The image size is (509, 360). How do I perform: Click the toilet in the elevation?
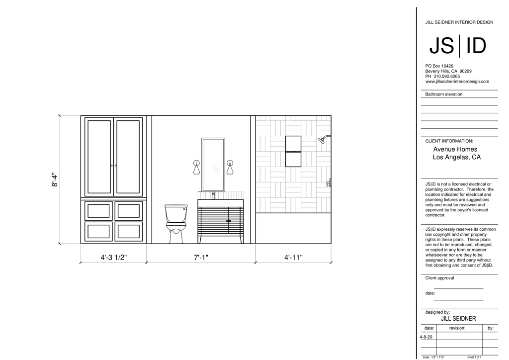click(x=176, y=224)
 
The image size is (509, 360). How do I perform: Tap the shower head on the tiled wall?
click(x=322, y=140)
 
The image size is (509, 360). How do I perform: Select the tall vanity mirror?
click(x=213, y=165)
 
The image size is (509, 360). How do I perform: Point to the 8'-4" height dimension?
click(x=55, y=180)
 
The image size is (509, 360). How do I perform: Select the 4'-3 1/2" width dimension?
click(x=114, y=258)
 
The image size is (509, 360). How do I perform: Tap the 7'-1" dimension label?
click(x=201, y=258)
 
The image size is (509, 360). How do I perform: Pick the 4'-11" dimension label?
click(x=293, y=258)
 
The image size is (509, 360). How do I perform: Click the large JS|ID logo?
click(x=458, y=46)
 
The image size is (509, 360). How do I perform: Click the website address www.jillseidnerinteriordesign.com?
click(x=457, y=82)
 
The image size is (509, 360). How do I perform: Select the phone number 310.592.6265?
click(x=447, y=76)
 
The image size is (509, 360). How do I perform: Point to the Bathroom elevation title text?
click(x=444, y=94)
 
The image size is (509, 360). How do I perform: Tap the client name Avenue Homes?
click(x=455, y=149)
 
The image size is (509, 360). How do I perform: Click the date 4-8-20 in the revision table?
click(x=426, y=337)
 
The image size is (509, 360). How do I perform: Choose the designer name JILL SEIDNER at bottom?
click(x=458, y=319)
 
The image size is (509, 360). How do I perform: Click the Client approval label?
click(x=439, y=278)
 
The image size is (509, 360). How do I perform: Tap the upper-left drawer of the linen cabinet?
click(x=99, y=211)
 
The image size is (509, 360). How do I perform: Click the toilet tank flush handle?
click(x=185, y=209)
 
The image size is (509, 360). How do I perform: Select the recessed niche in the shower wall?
click(x=293, y=151)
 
